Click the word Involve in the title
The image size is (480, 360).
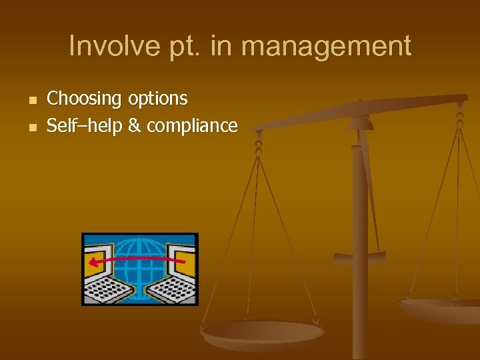[x=108, y=46]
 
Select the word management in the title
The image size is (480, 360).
[x=326, y=46]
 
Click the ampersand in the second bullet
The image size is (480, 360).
[x=133, y=125]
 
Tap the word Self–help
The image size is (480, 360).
[x=85, y=125]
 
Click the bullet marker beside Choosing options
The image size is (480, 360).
[x=31, y=100]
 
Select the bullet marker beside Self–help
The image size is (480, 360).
[x=31, y=126]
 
